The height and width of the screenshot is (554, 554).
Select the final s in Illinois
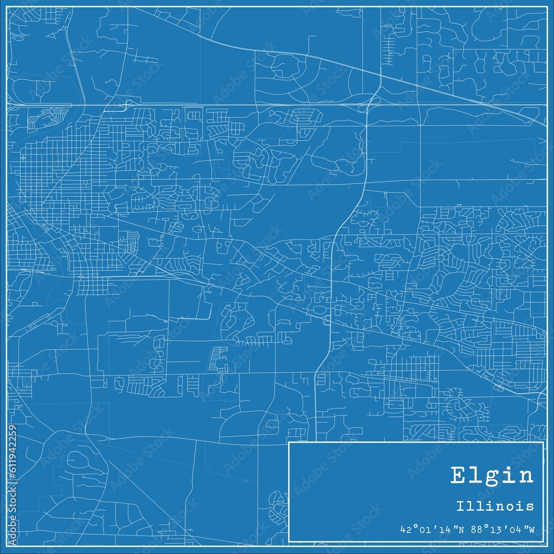531,507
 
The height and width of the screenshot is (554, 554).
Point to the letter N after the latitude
456,529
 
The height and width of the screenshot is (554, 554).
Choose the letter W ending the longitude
532,529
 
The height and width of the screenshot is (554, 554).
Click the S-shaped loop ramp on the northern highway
129,102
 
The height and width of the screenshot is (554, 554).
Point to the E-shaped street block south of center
219,358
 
